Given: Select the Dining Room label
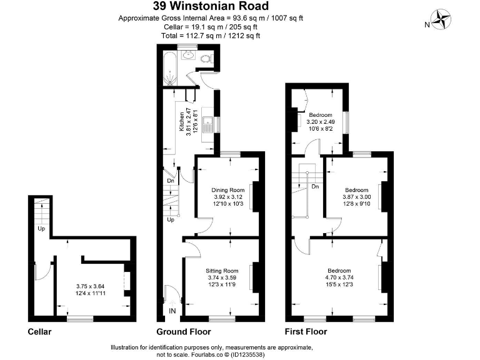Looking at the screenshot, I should pyautogui.click(x=227, y=190).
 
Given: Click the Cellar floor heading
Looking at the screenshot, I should pyautogui.click(x=39, y=332).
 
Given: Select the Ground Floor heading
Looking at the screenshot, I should pyautogui.click(x=183, y=332).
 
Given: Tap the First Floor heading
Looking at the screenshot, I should pyautogui.click(x=306, y=332).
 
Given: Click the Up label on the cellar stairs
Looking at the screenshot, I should pyautogui.click(x=41, y=228).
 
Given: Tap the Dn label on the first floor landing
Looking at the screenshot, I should pyautogui.click(x=315, y=186).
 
